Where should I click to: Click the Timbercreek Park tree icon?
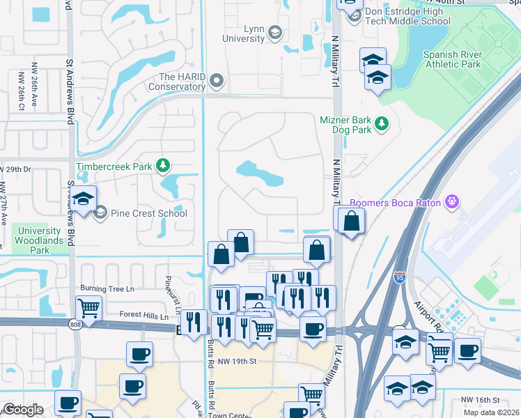click(162, 166)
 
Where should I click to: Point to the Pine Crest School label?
click(149, 213)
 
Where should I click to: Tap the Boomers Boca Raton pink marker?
click(453, 202)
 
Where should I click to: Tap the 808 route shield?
click(75, 324)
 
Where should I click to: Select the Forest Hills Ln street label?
click(144, 316)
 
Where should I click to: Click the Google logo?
click(24, 410)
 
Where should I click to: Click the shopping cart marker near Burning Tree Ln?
click(89, 306)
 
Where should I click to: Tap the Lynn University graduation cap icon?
click(274, 32)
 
